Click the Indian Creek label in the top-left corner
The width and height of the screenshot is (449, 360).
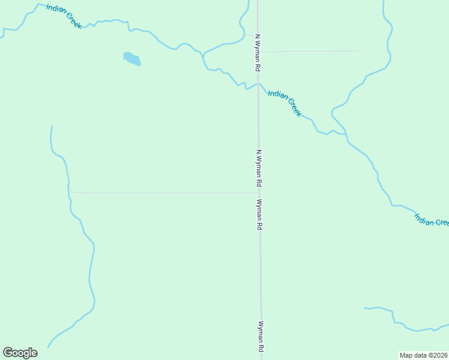coord(64,16)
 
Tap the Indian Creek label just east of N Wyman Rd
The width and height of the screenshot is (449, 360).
coord(285,103)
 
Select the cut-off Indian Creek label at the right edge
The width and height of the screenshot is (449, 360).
coord(431,219)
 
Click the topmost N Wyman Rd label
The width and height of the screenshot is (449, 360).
coord(258,53)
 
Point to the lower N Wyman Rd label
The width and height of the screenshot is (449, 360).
coord(259,167)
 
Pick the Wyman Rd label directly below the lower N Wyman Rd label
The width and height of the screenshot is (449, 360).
coord(259,215)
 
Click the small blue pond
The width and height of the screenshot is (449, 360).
coord(132,59)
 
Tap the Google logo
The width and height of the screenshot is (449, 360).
coord(20,352)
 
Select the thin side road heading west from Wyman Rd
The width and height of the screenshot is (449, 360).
coord(162,193)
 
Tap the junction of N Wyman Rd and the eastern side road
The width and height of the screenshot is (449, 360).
coord(258,52)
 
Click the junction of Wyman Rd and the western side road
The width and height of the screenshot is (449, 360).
coord(259,193)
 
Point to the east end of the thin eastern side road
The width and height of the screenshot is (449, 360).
coord(363,50)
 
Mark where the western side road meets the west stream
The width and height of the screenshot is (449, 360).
coord(70,191)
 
